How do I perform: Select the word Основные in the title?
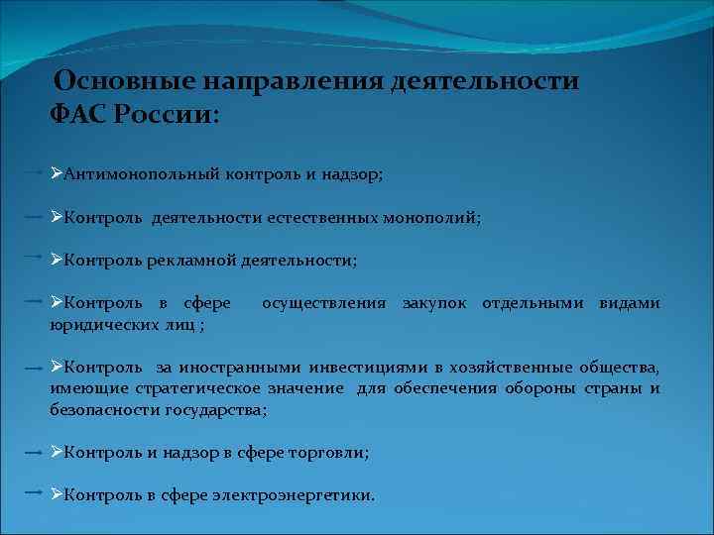(x=117, y=80)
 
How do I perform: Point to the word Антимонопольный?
(x=135, y=174)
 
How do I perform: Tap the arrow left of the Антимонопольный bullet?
(x=33, y=172)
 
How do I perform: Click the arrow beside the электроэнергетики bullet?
(x=33, y=492)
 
